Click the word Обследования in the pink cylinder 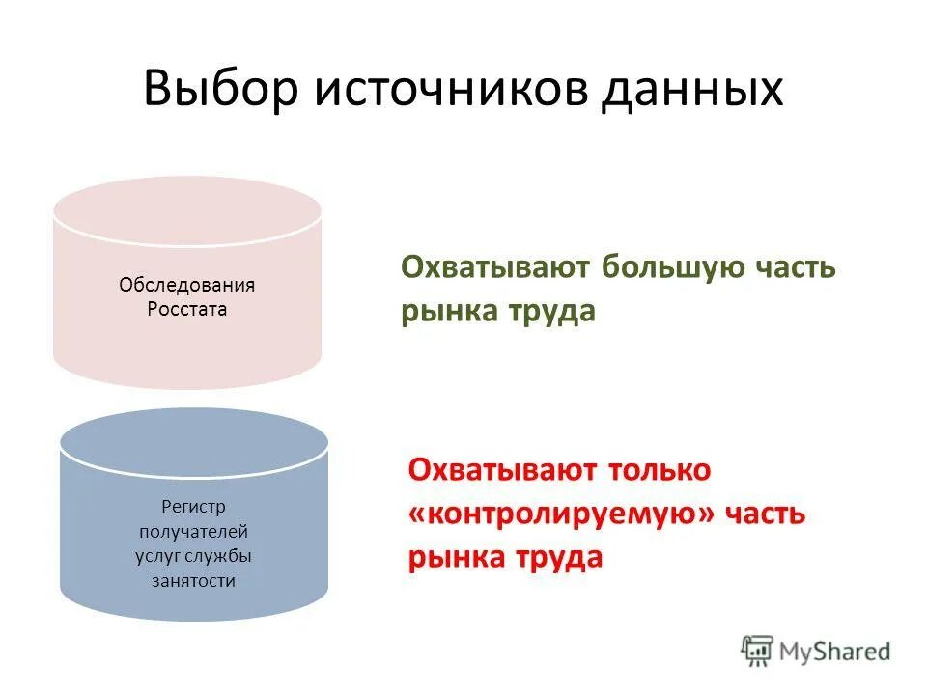pos(186,285)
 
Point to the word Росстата pos(186,310)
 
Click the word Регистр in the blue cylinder pos(193,506)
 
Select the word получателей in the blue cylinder pos(193,531)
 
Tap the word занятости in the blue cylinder pos(193,581)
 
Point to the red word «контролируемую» pos(564,514)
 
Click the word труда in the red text pos(557,558)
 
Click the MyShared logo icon pos(758,652)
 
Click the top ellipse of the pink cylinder pos(186,209)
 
